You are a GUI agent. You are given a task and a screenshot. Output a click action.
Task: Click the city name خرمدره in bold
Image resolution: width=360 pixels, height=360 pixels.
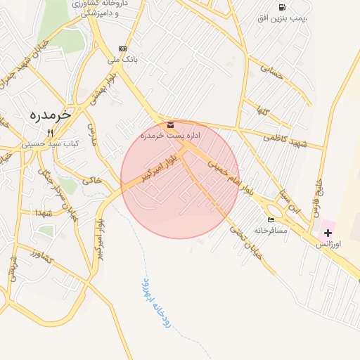pos(52,115)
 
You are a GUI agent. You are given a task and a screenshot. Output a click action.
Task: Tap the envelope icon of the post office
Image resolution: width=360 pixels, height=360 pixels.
pos(172,124)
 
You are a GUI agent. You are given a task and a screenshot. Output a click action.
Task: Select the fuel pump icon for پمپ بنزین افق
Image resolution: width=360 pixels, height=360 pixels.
pos(282,7)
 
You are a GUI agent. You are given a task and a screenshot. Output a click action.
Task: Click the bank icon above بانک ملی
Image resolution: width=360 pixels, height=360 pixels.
pos(124,49)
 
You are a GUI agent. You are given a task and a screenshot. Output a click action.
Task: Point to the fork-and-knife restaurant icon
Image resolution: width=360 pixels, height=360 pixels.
pos(50,132)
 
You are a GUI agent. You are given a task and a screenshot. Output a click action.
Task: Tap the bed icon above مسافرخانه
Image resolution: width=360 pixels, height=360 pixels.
pos(271,220)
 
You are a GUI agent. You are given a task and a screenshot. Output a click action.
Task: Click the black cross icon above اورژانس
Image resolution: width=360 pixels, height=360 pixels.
pos(328,233)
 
